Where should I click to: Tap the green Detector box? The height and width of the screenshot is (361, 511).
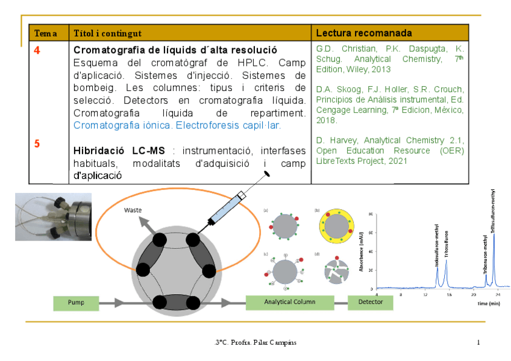[x=370, y=303]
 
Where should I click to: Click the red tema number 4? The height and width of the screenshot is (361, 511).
[x=37, y=51]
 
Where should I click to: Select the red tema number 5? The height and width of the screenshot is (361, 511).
[x=37, y=143]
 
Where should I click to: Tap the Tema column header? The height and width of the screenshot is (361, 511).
[x=46, y=33]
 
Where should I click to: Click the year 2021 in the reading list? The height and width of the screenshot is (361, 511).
[x=396, y=161]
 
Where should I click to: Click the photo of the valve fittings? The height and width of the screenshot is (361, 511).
[x=53, y=216]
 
